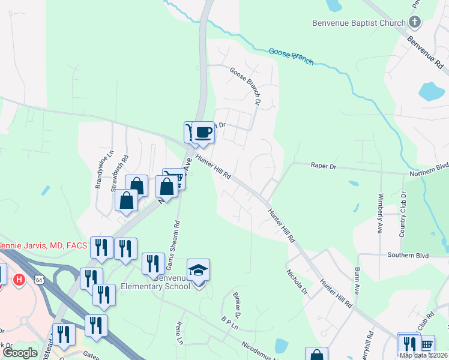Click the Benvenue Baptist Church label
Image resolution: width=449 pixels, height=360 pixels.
point(359,23)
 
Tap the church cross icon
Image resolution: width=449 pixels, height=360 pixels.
point(414,23)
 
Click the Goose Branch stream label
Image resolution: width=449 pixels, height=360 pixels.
point(291,55)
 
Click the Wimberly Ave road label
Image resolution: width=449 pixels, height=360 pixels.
point(380,212)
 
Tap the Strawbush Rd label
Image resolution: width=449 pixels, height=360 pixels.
point(116,173)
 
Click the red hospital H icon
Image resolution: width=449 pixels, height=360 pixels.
point(20,280)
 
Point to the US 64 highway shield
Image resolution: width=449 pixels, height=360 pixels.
point(39,280)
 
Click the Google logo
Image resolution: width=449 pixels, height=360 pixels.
point(20,353)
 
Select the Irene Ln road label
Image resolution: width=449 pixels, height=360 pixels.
point(178,332)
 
